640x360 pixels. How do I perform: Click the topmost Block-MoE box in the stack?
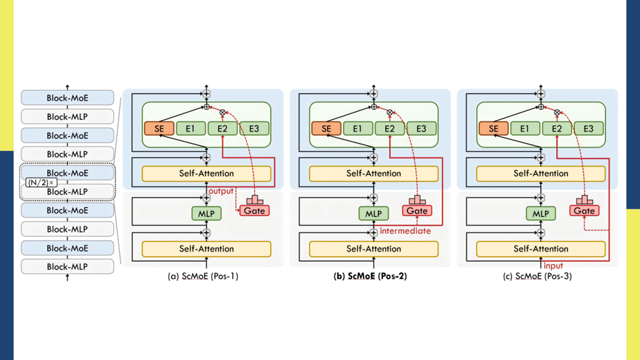[67, 98]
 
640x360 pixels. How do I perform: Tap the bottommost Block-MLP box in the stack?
[67, 267]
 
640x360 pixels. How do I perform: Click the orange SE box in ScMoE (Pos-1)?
[159, 129]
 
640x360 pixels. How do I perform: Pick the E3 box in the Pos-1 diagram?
[254, 129]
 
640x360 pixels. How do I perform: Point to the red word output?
[221, 191]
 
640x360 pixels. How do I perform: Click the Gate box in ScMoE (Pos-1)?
[254, 211]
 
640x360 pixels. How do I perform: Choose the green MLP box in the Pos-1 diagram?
[206, 214]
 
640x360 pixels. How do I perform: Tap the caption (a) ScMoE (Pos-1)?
[203, 276]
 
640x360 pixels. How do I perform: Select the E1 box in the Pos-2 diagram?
[357, 129]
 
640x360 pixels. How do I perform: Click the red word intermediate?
[405, 231]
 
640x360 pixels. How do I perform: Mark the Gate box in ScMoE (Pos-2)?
[417, 211]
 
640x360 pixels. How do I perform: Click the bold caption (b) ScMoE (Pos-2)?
[370, 276]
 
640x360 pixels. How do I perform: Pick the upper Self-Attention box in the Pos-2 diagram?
[374, 174]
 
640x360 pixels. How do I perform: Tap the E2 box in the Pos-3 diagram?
[557, 129]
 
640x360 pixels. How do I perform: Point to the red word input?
[553, 266]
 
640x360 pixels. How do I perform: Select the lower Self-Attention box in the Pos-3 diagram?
[541, 249]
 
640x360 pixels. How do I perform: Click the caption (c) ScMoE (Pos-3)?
[537, 276]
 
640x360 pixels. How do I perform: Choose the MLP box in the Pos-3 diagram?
[541, 214]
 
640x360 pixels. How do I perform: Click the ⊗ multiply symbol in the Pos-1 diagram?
[222, 113]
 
